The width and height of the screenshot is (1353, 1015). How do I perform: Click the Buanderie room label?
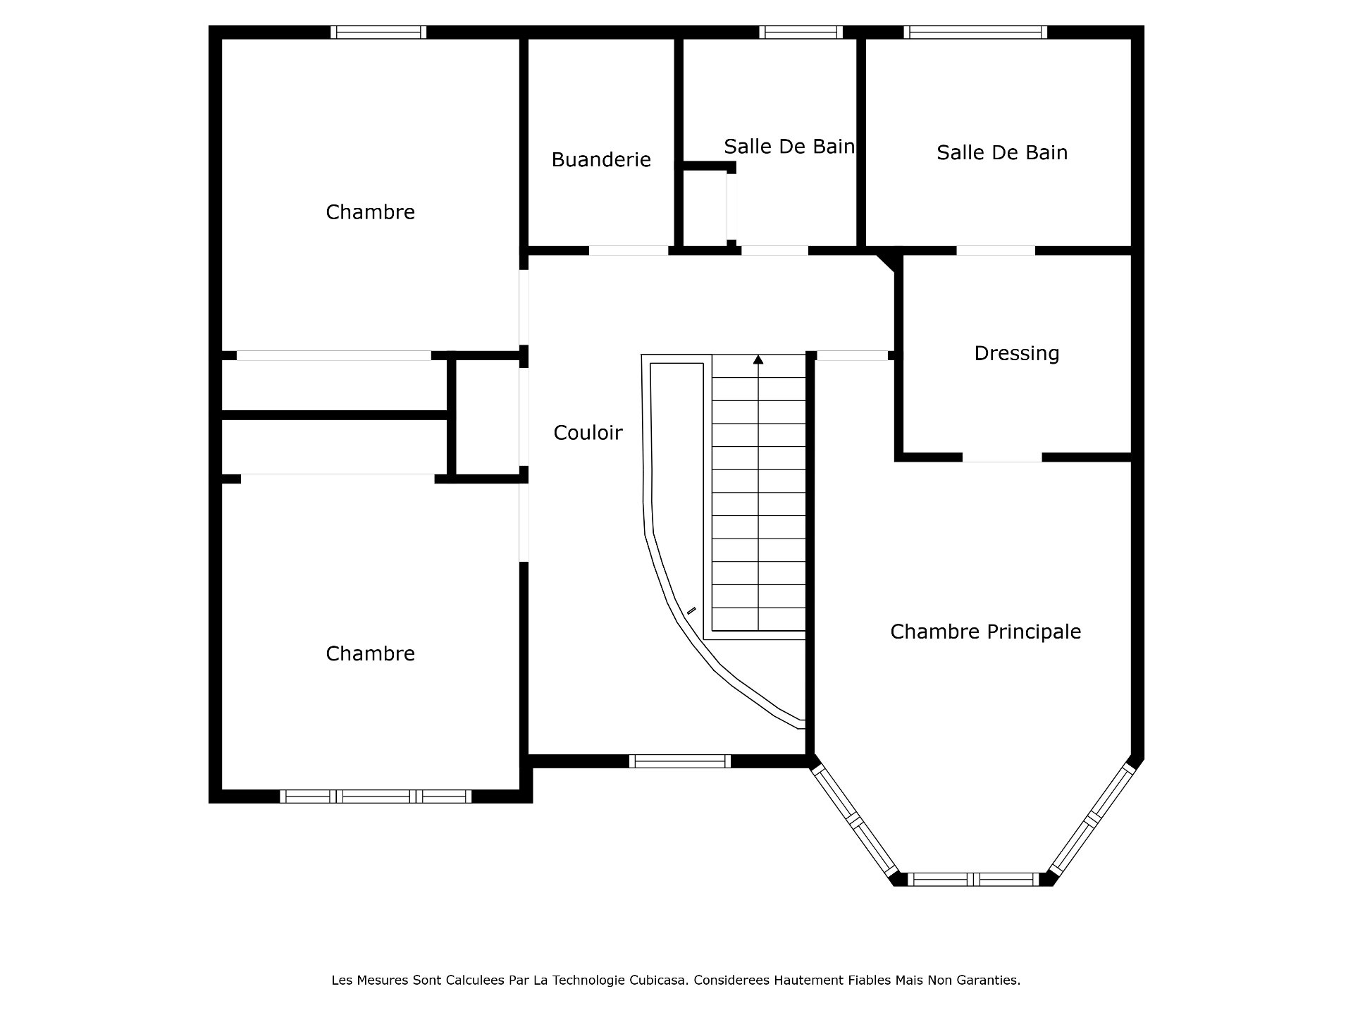[600, 160]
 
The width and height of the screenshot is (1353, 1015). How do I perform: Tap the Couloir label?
[588, 433]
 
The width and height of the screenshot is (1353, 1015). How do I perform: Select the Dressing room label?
[1016, 353]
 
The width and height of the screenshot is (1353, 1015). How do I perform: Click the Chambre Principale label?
[985, 632]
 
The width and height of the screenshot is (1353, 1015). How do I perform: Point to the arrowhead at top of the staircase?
[758, 359]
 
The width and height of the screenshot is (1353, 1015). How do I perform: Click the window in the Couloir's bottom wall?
[679, 761]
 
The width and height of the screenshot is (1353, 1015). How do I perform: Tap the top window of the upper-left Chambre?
[378, 32]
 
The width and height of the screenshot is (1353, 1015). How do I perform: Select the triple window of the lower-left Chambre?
[376, 796]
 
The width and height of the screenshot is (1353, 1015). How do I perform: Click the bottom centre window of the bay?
[972, 879]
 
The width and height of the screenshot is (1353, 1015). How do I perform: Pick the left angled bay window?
[854, 820]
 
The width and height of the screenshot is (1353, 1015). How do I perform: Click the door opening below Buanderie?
[628, 250]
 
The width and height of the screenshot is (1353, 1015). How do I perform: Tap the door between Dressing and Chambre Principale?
[1001, 457]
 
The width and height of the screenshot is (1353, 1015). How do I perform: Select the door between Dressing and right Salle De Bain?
[995, 250]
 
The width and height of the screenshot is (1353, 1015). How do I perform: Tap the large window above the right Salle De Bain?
[975, 32]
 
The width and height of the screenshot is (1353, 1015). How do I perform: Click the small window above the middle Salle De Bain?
[801, 32]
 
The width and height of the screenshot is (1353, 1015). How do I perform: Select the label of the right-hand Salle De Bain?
[1001, 153]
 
